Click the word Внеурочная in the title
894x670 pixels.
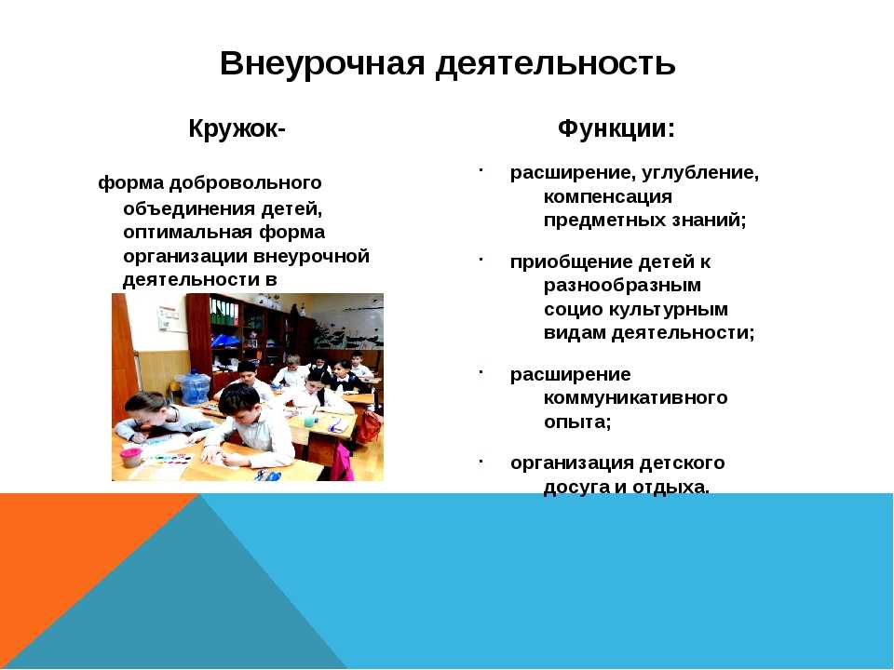coord(322,63)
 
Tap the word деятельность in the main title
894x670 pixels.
coord(556,63)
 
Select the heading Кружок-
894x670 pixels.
coord(237,129)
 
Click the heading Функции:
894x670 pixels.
coord(616,128)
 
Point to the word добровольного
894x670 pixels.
coord(246,183)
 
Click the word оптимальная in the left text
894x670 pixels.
coord(187,233)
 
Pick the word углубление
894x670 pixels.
coord(700,173)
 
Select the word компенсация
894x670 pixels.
coord(608,196)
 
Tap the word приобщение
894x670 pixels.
coord(571,262)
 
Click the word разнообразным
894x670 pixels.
coord(622,286)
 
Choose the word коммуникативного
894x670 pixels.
coord(636,397)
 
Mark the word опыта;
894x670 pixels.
coord(577,422)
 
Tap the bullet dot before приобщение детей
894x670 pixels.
coord(481,260)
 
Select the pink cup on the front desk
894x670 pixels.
coord(131,458)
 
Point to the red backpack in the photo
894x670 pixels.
coord(370,426)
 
